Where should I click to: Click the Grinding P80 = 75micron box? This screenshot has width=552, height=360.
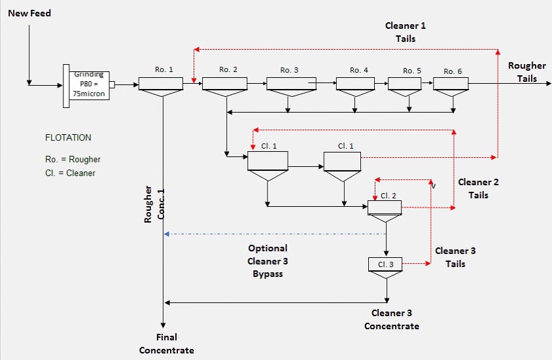point(89,84)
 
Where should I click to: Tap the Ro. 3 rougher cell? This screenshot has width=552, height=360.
point(290,84)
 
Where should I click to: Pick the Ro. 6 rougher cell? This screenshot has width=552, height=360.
point(452,84)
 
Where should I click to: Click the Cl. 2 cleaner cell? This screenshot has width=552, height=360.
point(385,207)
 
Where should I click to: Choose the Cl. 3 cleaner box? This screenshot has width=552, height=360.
point(386,264)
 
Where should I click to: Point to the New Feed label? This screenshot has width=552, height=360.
point(29,13)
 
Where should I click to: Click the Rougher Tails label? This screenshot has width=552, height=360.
point(526,72)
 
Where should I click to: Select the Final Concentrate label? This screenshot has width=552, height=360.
point(167,344)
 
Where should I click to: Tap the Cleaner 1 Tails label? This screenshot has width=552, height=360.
point(405,32)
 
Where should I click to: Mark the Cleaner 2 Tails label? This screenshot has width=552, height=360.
point(478,189)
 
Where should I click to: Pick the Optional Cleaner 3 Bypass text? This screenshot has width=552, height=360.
point(268,261)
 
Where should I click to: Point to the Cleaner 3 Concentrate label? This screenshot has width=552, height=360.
point(392,319)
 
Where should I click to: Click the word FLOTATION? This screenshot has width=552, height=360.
point(68,138)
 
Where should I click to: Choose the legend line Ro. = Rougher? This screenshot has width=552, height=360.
point(73,160)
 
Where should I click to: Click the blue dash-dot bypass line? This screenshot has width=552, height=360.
point(275,234)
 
